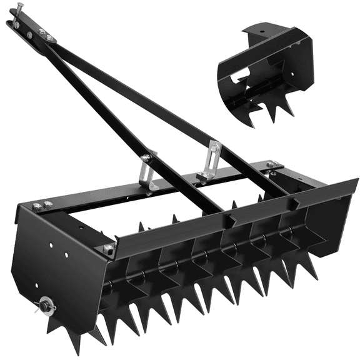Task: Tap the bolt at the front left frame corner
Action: pyautogui.click(x=108, y=249)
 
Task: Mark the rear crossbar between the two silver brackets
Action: pyautogui.click(x=181, y=178)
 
